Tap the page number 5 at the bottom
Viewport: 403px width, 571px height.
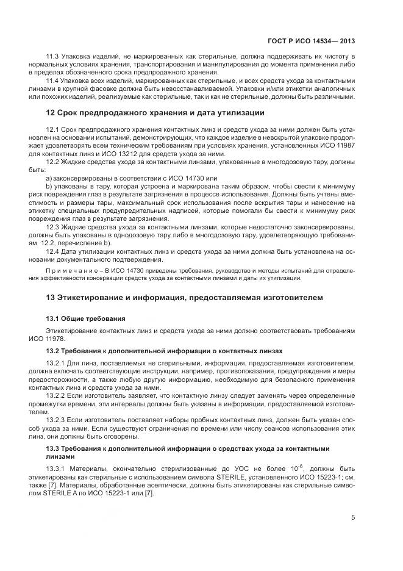354,518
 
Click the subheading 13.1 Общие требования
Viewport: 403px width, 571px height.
85,319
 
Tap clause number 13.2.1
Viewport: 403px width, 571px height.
56,364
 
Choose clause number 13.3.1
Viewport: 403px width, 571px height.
56,468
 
